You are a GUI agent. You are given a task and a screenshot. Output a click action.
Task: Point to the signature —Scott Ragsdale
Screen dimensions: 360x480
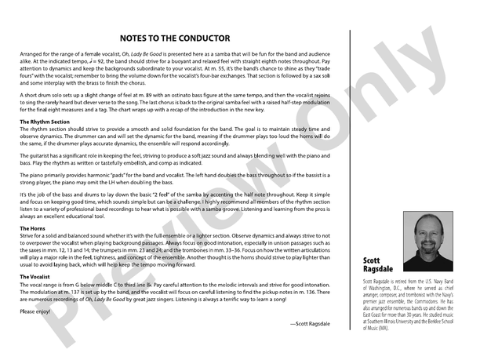310,323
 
